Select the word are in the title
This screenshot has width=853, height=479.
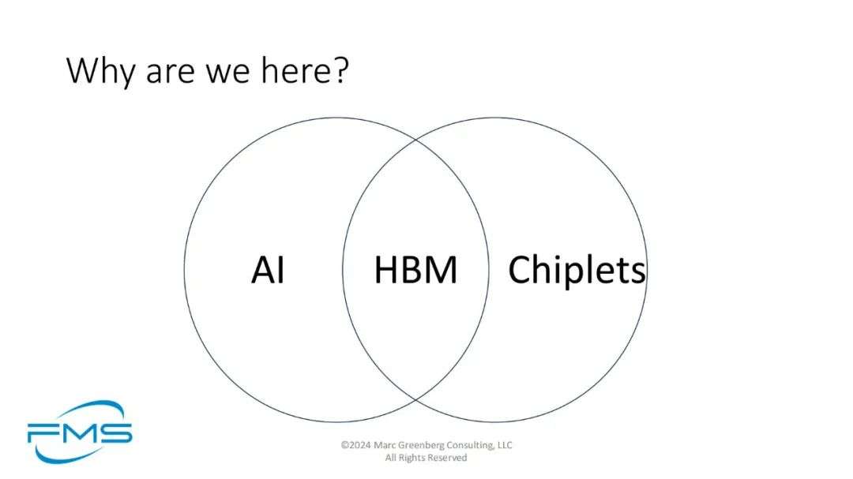click(x=171, y=73)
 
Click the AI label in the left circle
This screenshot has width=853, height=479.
click(x=269, y=270)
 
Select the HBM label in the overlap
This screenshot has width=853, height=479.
click(x=415, y=270)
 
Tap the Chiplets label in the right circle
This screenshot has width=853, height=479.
click(x=577, y=270)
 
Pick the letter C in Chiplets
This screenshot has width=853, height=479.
click(x=519, y=270)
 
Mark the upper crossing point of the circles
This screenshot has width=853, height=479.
click(x=416, y=140)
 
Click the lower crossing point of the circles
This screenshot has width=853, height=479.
click(x=416, y=400)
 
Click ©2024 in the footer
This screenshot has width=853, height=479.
click(x=355, y=445)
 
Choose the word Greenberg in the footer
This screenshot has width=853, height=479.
click(x=421, y=445)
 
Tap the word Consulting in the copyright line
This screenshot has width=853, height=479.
click(x=470, y=445)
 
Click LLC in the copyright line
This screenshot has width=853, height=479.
click(x=504, y=445)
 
